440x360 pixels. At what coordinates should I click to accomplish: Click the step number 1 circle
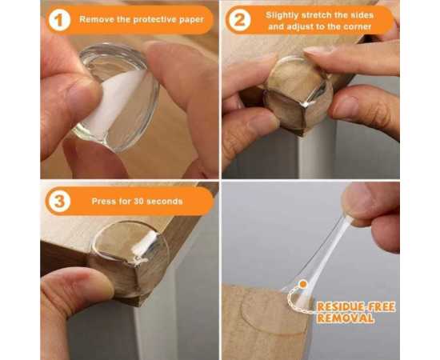(x=59, y=20)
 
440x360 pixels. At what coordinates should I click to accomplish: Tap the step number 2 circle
(x=239, y=20)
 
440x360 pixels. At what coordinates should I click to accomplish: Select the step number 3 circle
(x=59, y=201)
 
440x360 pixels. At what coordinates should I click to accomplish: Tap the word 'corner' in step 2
(x=358, y=27)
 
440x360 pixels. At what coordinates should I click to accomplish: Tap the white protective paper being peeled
(x=112, y=104)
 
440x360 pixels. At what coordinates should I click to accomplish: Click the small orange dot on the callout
(x=303, y=284)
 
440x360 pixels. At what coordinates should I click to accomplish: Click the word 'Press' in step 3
(x=102, y=201)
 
